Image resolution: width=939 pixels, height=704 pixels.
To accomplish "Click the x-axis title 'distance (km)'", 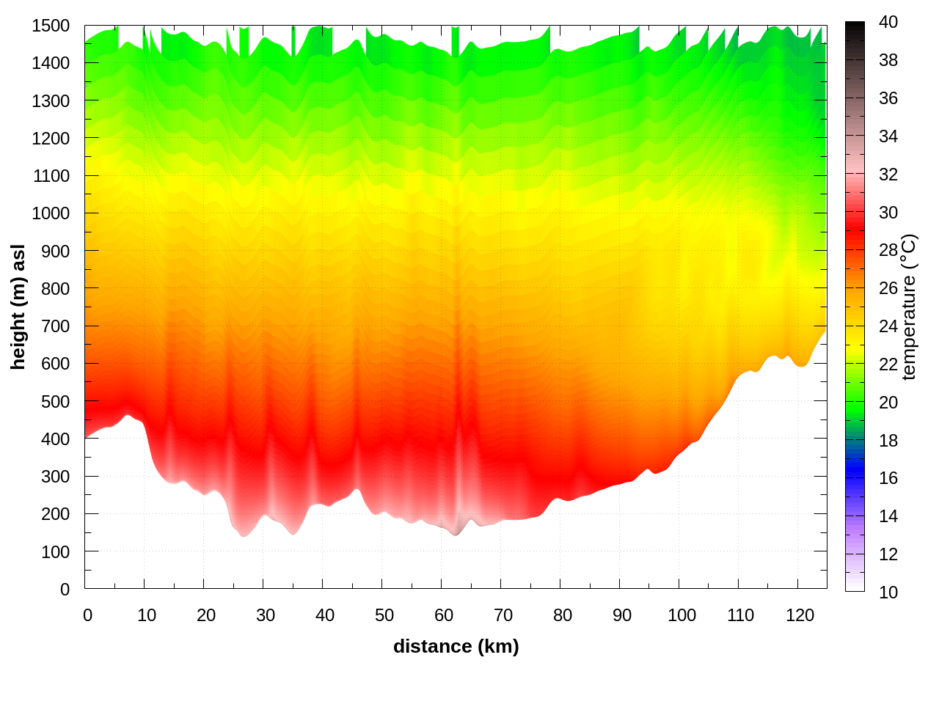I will point(456,646).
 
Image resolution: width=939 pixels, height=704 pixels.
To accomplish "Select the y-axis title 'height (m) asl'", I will point(18,307).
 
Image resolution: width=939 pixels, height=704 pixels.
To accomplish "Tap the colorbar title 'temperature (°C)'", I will point(908,307).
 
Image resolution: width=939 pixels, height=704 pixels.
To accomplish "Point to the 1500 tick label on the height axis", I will point(51,26).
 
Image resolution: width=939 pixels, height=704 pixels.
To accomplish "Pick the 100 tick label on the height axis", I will point(55,551).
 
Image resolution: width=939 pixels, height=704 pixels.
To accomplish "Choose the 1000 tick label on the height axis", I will point(51,213).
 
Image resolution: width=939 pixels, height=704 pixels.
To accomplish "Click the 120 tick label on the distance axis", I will point(800,615).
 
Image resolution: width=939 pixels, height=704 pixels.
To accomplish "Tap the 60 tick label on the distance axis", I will point(443,615).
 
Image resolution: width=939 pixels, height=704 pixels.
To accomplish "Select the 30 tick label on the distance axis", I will point(265,615).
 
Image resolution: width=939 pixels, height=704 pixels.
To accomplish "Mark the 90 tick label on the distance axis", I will point(621,615).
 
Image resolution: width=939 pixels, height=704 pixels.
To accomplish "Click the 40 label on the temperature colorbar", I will point(888,22).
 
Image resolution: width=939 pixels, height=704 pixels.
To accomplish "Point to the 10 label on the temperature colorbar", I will point(888,592).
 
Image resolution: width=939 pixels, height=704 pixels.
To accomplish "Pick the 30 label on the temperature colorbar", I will point(888,213).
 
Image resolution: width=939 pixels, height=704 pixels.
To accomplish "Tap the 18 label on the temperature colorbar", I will point(888,440).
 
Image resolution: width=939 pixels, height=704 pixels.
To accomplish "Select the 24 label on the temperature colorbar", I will point(888,326).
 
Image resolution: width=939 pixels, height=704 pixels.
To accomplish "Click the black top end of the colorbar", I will point(855,29).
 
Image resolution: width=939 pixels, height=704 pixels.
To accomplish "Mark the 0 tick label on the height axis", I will point(65,589).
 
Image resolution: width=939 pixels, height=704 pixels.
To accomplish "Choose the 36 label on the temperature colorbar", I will point(888,98).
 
